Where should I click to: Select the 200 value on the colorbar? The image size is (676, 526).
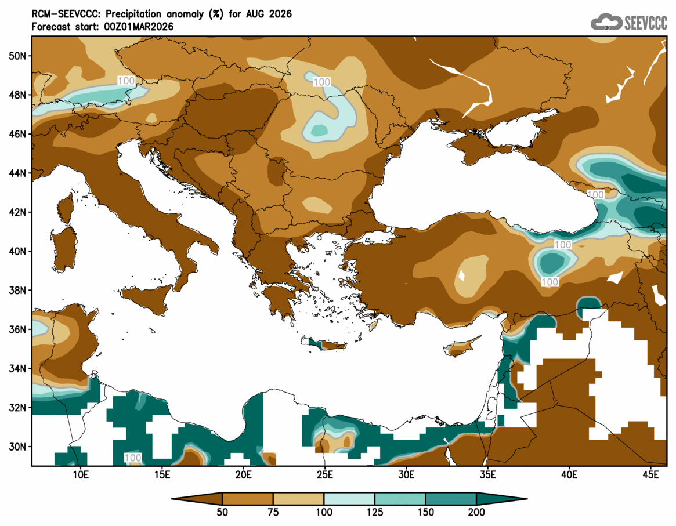[x=476, y=512]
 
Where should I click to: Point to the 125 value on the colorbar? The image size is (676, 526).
[x=375, y=512]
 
